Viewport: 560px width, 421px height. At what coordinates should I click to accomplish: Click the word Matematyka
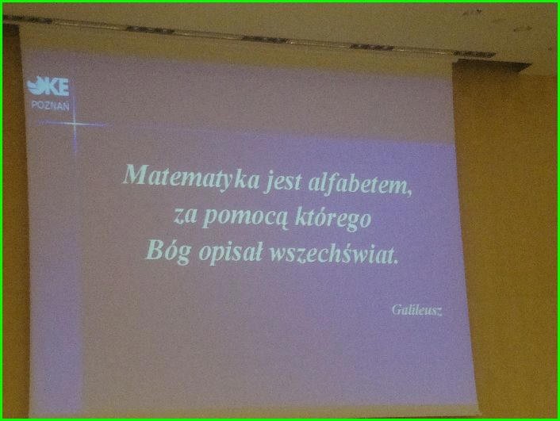click(x=190, y=176)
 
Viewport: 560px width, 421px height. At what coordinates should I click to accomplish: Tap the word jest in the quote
click(x=282, y=181)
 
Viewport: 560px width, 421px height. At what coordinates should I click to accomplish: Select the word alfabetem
click(x=359, y=183)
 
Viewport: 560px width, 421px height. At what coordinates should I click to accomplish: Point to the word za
click(x=185, y=216)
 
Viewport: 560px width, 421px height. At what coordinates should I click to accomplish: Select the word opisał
click(x=230, y=252)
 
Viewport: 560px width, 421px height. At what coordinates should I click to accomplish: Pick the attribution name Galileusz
click(x=416, y=309)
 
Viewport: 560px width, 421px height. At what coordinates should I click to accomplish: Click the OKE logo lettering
click(x=48, y=86)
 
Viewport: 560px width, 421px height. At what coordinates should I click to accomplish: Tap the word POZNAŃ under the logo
click(x=50, y=105)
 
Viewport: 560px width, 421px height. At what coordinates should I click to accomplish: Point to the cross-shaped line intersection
click(x=75, y=124)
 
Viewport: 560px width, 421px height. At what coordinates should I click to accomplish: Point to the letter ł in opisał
click(x=258, y=251)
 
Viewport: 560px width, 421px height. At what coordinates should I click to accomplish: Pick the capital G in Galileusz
click(x=397, y=309)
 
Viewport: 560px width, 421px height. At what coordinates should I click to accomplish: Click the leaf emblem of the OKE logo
click(x=36, y=86)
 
